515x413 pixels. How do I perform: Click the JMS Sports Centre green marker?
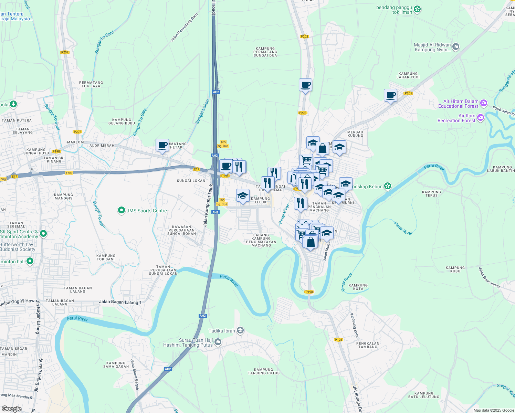coord(121,210)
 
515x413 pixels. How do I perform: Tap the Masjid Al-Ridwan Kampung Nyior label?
coord(432,47)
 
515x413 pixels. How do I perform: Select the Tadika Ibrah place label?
coord(222,331)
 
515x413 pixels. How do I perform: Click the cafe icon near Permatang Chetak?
coord(162,145)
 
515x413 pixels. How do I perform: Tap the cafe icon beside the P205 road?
coord(390,95)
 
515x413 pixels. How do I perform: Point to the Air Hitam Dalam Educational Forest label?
coord(458,104)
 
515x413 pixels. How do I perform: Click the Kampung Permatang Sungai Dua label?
coord(265,52)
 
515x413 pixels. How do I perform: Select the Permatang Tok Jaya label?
coord(91,84)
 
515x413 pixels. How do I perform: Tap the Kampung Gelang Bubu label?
coord(122,121)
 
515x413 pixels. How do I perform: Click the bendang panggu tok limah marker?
coord(417,9)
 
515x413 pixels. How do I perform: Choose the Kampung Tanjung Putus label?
coord(264,371)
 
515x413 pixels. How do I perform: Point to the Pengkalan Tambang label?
coord(368,345)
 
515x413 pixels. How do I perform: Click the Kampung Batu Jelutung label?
coord(424,395)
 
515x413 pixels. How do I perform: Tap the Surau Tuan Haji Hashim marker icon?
coord(218,342)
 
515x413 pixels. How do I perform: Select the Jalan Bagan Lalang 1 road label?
coord(120,302)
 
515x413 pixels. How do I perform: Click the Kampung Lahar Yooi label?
coord(408,75)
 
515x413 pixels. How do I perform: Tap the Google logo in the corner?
coord(11,409)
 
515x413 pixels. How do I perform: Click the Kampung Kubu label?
coord(455,269)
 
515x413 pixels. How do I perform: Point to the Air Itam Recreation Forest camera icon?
coord(481,118)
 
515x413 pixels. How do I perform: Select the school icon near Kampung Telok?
coord(243,196)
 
